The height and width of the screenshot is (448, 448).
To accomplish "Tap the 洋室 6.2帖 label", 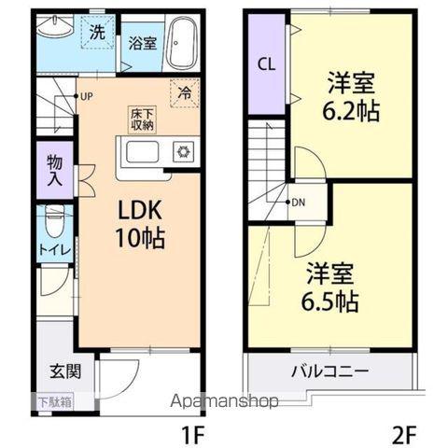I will coord(351,96).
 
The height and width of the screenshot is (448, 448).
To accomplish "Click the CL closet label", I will coord(266,64).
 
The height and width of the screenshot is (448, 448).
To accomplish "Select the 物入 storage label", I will coord(55,171).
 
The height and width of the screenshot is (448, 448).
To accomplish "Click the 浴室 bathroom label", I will coord(142,42).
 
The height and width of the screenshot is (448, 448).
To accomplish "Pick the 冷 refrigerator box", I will coord(184,93).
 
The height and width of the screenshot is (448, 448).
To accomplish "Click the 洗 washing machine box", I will coord(96,33).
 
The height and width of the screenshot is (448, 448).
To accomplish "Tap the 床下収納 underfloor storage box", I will coord(142,119).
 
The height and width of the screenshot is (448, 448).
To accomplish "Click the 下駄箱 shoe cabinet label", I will coord(55,402).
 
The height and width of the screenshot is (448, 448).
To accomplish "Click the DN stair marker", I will coord(297,202).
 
